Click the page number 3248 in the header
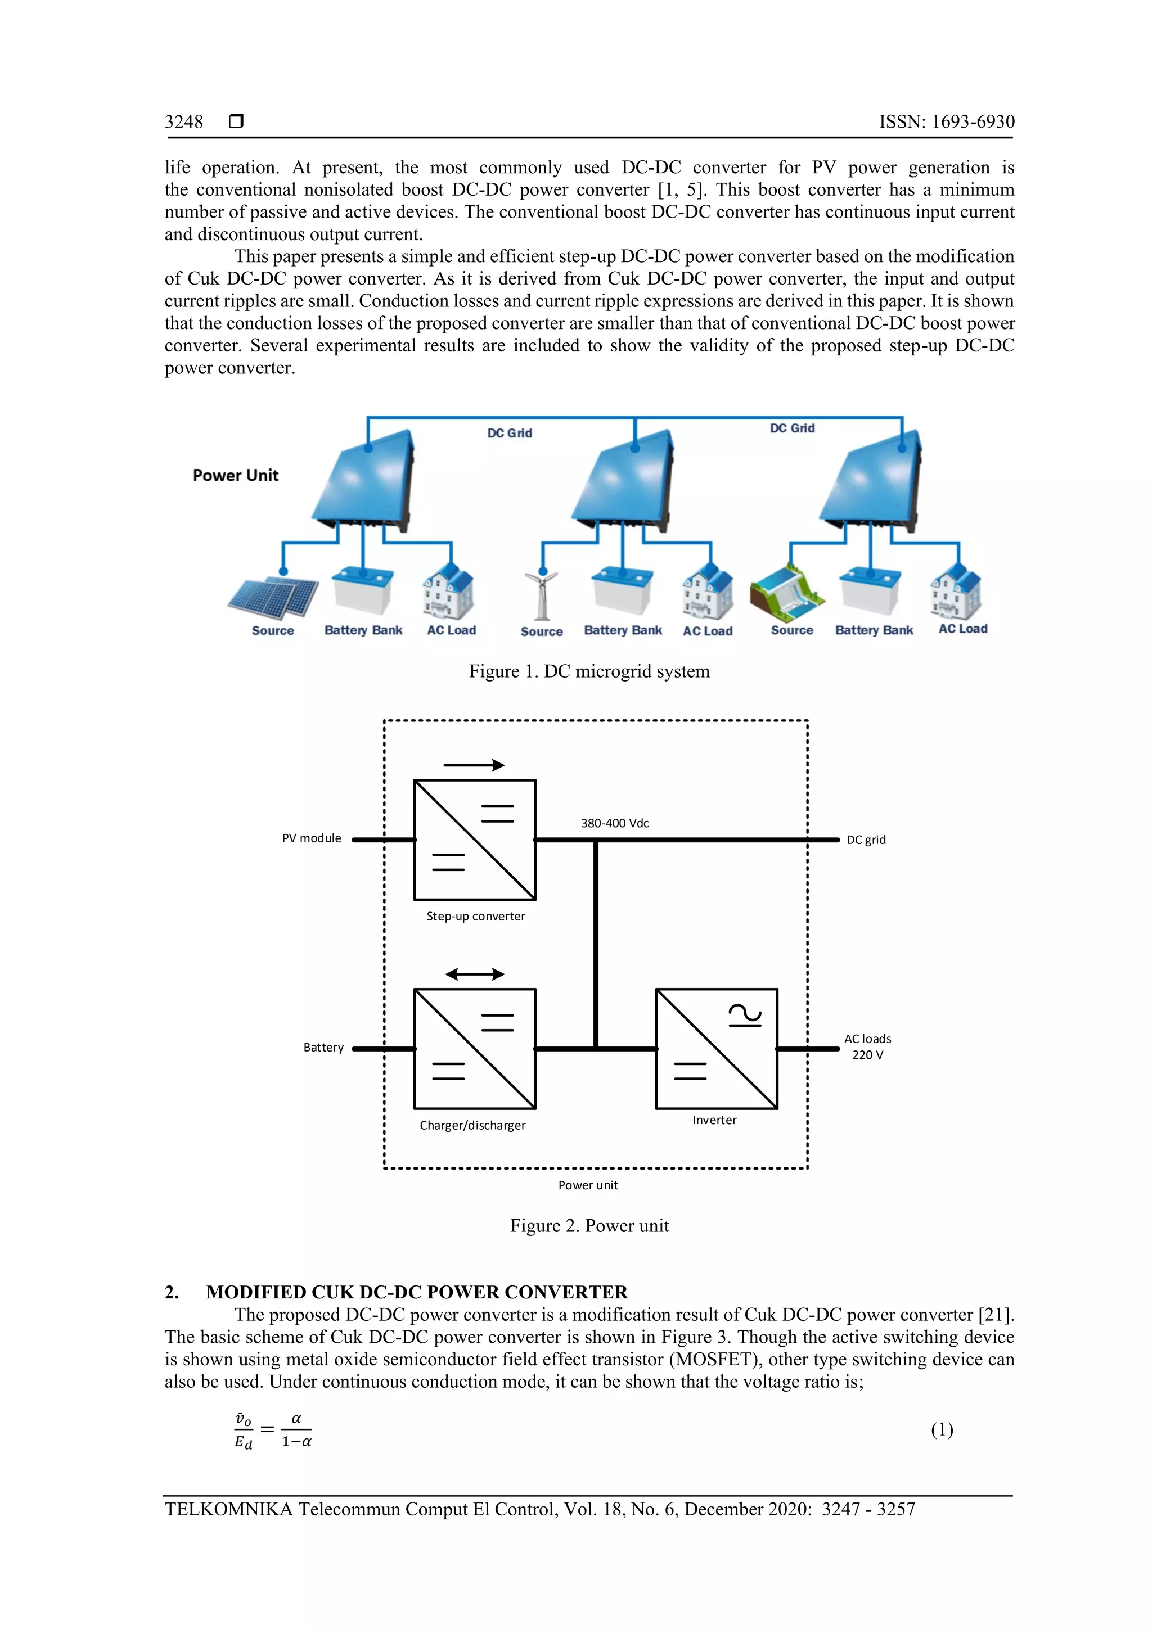point(184,121)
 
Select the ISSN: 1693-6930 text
point(946,121)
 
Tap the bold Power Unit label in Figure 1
point(235,475)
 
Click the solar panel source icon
point(273,596)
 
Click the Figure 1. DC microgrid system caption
point(589,671)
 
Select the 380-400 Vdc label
point(615,823)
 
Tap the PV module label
point(312,838)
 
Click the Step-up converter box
point(475,840)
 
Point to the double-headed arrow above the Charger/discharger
point(475,974)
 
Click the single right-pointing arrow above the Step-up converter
point(474,765)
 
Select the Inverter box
point(716,1049)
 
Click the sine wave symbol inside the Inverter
point(745,1016)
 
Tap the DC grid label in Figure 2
point(866,840)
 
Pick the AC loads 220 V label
point(867,1046)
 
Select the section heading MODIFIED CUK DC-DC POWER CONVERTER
point(417,1292)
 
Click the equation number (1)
point(942,1429)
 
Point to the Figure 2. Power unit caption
point(589,1226)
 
